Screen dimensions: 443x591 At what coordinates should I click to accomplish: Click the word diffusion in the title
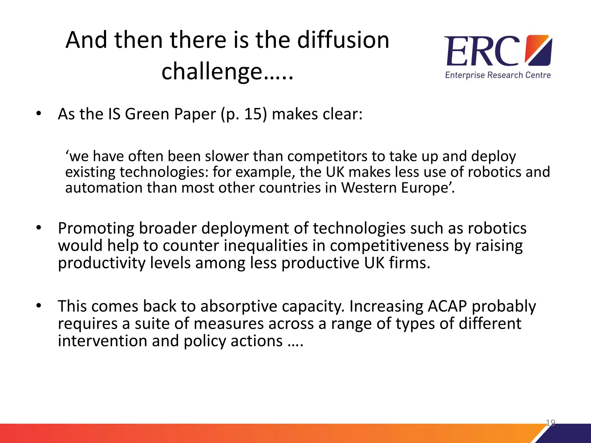coord(343,40)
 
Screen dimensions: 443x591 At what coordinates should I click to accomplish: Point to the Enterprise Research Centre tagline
coord(498,75)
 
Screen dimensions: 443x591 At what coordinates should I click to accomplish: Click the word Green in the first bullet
coord(147,114)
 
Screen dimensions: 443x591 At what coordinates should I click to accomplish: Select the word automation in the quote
coord(104,188)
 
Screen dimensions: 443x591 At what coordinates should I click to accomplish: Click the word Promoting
coord(96,228)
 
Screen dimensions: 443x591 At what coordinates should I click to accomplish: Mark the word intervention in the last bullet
coord(102,341)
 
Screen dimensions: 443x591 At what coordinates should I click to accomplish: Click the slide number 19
coord(550,423)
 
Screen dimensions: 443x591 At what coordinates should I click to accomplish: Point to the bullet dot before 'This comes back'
coord(39,306)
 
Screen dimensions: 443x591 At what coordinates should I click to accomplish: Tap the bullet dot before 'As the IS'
coord(39,114)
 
